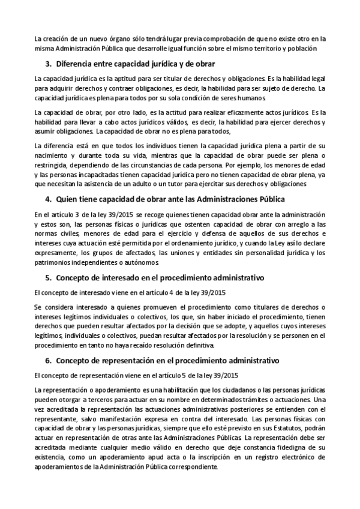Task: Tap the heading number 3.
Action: pos(49,64)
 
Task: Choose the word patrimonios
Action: pos(56,262)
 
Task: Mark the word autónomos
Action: pos(142,262)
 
